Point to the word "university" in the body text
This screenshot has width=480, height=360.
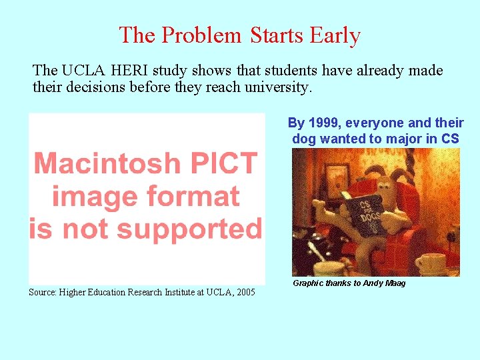pyautogui.click(x=281, y=87)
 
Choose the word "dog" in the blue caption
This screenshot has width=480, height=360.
pyautogui.click(x=305, y=139)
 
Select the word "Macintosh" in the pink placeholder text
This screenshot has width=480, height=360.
pyautogui.click(x=107, y=163)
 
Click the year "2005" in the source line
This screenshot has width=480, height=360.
pyautogui.click(x=243, y=292)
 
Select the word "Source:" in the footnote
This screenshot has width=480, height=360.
pyautogui.click(x=43, y=292)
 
